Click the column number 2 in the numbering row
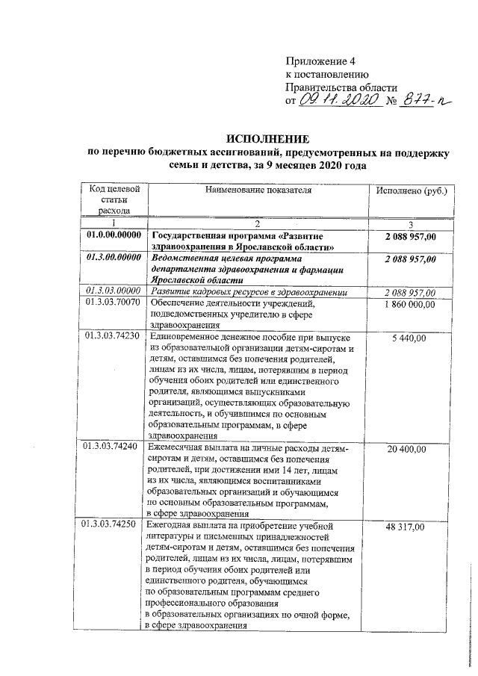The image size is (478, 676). click(257, 224)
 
